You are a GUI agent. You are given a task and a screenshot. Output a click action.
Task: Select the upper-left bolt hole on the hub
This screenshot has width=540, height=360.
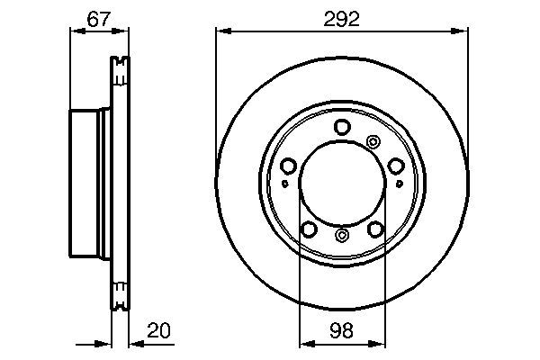[x=289, y=166]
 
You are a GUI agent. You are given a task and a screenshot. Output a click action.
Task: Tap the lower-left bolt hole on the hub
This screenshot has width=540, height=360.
[x=309, y=229]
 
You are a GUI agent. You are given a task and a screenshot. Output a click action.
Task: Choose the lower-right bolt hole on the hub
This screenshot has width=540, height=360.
[x=374, y=229]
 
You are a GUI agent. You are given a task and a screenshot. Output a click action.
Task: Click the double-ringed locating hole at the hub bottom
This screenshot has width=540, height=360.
[x=341, y=236]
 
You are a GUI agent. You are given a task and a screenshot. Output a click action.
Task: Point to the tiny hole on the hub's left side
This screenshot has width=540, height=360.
[x=285, y=184]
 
